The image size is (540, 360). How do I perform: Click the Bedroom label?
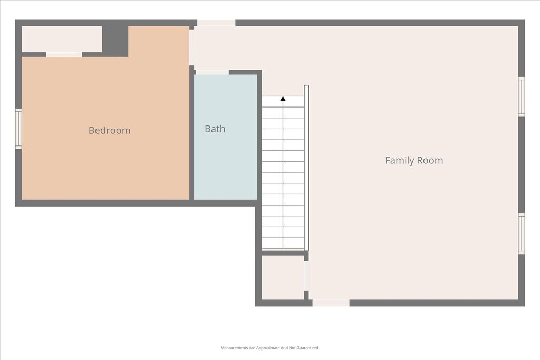[110, 130]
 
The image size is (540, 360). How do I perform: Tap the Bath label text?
[215, 129]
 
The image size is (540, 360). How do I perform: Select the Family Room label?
[414, 160]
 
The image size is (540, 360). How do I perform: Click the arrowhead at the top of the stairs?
[283, 99]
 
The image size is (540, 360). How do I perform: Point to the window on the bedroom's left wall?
[18, 129]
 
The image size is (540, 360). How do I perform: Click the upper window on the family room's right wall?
[522, 96]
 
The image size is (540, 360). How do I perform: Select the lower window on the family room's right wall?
[522, 233]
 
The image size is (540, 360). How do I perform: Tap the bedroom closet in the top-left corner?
[62, 39]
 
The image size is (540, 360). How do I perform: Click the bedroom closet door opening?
[64, 54]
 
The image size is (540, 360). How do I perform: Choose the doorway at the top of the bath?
[212, 72]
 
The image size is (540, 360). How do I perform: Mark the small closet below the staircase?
[283, 277]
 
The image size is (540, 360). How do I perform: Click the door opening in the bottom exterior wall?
[331, 303]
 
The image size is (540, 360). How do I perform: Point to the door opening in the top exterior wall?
[216, 23]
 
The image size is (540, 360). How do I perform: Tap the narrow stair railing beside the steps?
[306, 168]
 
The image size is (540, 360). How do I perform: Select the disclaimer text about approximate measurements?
[270, 348]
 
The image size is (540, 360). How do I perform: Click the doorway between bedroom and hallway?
[191, 47]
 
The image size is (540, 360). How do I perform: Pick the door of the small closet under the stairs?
[306, 276]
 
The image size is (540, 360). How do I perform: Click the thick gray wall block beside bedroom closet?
[115, 41]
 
